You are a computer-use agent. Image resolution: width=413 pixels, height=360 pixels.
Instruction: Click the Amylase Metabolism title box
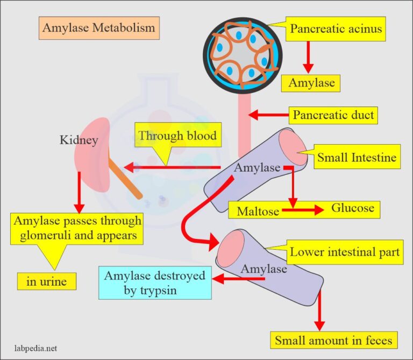tap(99, 27)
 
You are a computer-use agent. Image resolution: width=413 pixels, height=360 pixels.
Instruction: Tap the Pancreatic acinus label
tap(336, 29)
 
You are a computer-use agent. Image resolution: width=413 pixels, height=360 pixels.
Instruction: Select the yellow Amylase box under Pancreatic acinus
tap(311, 83)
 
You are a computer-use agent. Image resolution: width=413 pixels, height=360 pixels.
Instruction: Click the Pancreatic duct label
tap(333, 115)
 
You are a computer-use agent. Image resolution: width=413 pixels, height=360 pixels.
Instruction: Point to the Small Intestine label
tap(357, 158)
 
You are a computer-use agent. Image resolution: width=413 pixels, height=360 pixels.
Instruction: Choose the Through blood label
tap(177, 136)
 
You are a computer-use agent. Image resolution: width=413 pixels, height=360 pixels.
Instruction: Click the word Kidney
tap(79, 141)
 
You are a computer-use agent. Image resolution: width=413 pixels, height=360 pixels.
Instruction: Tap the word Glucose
tap(352, 208)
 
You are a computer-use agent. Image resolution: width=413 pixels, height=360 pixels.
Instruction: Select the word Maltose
tap(258, 211)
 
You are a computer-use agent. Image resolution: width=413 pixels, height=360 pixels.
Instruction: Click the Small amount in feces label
tap(334, 340)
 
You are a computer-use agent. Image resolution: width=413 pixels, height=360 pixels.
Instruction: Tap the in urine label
tap(44, 280)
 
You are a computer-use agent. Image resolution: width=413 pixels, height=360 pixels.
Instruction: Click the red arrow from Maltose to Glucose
tap(303, 211)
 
